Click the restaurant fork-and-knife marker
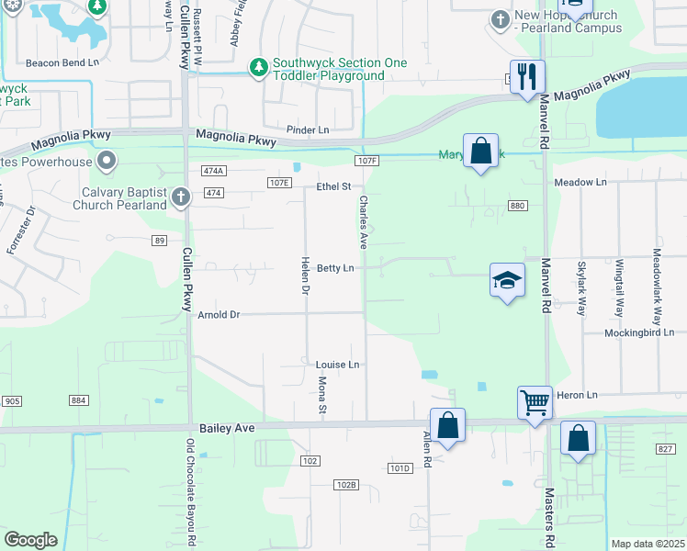pyautogui.click(x=527, y=76)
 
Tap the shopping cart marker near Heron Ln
pyautogui.click(x=535, y=401)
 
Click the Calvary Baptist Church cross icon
pyautogui.click(x=181, y=196)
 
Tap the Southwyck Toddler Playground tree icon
pyautogui.click(x=260, y=67)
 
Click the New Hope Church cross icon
pyautogui.click(x=501, y=19)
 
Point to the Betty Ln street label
pyautogui.click(x=335, y=268)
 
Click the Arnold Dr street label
pyautogui.click(x=219, y=315)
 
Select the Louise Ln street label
pyautogui.click(x=337, y=365)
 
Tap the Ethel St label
pyautogui.click(x=334, y=186)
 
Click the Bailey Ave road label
pyautogui.click(x=227, y=428)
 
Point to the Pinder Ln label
pyautogui.click(x=308, y=130)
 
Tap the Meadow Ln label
pyautogui.click(x=580, y=183)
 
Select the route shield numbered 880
pyautogui.click(x=516, y=206)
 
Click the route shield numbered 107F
pyautogui.click(x=366, y=161)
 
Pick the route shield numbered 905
pyautogui.click(x=12, y=400)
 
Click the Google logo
pyautogui.click(x=30, y=540)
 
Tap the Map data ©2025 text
pyautogui.click(x=648, y=544)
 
